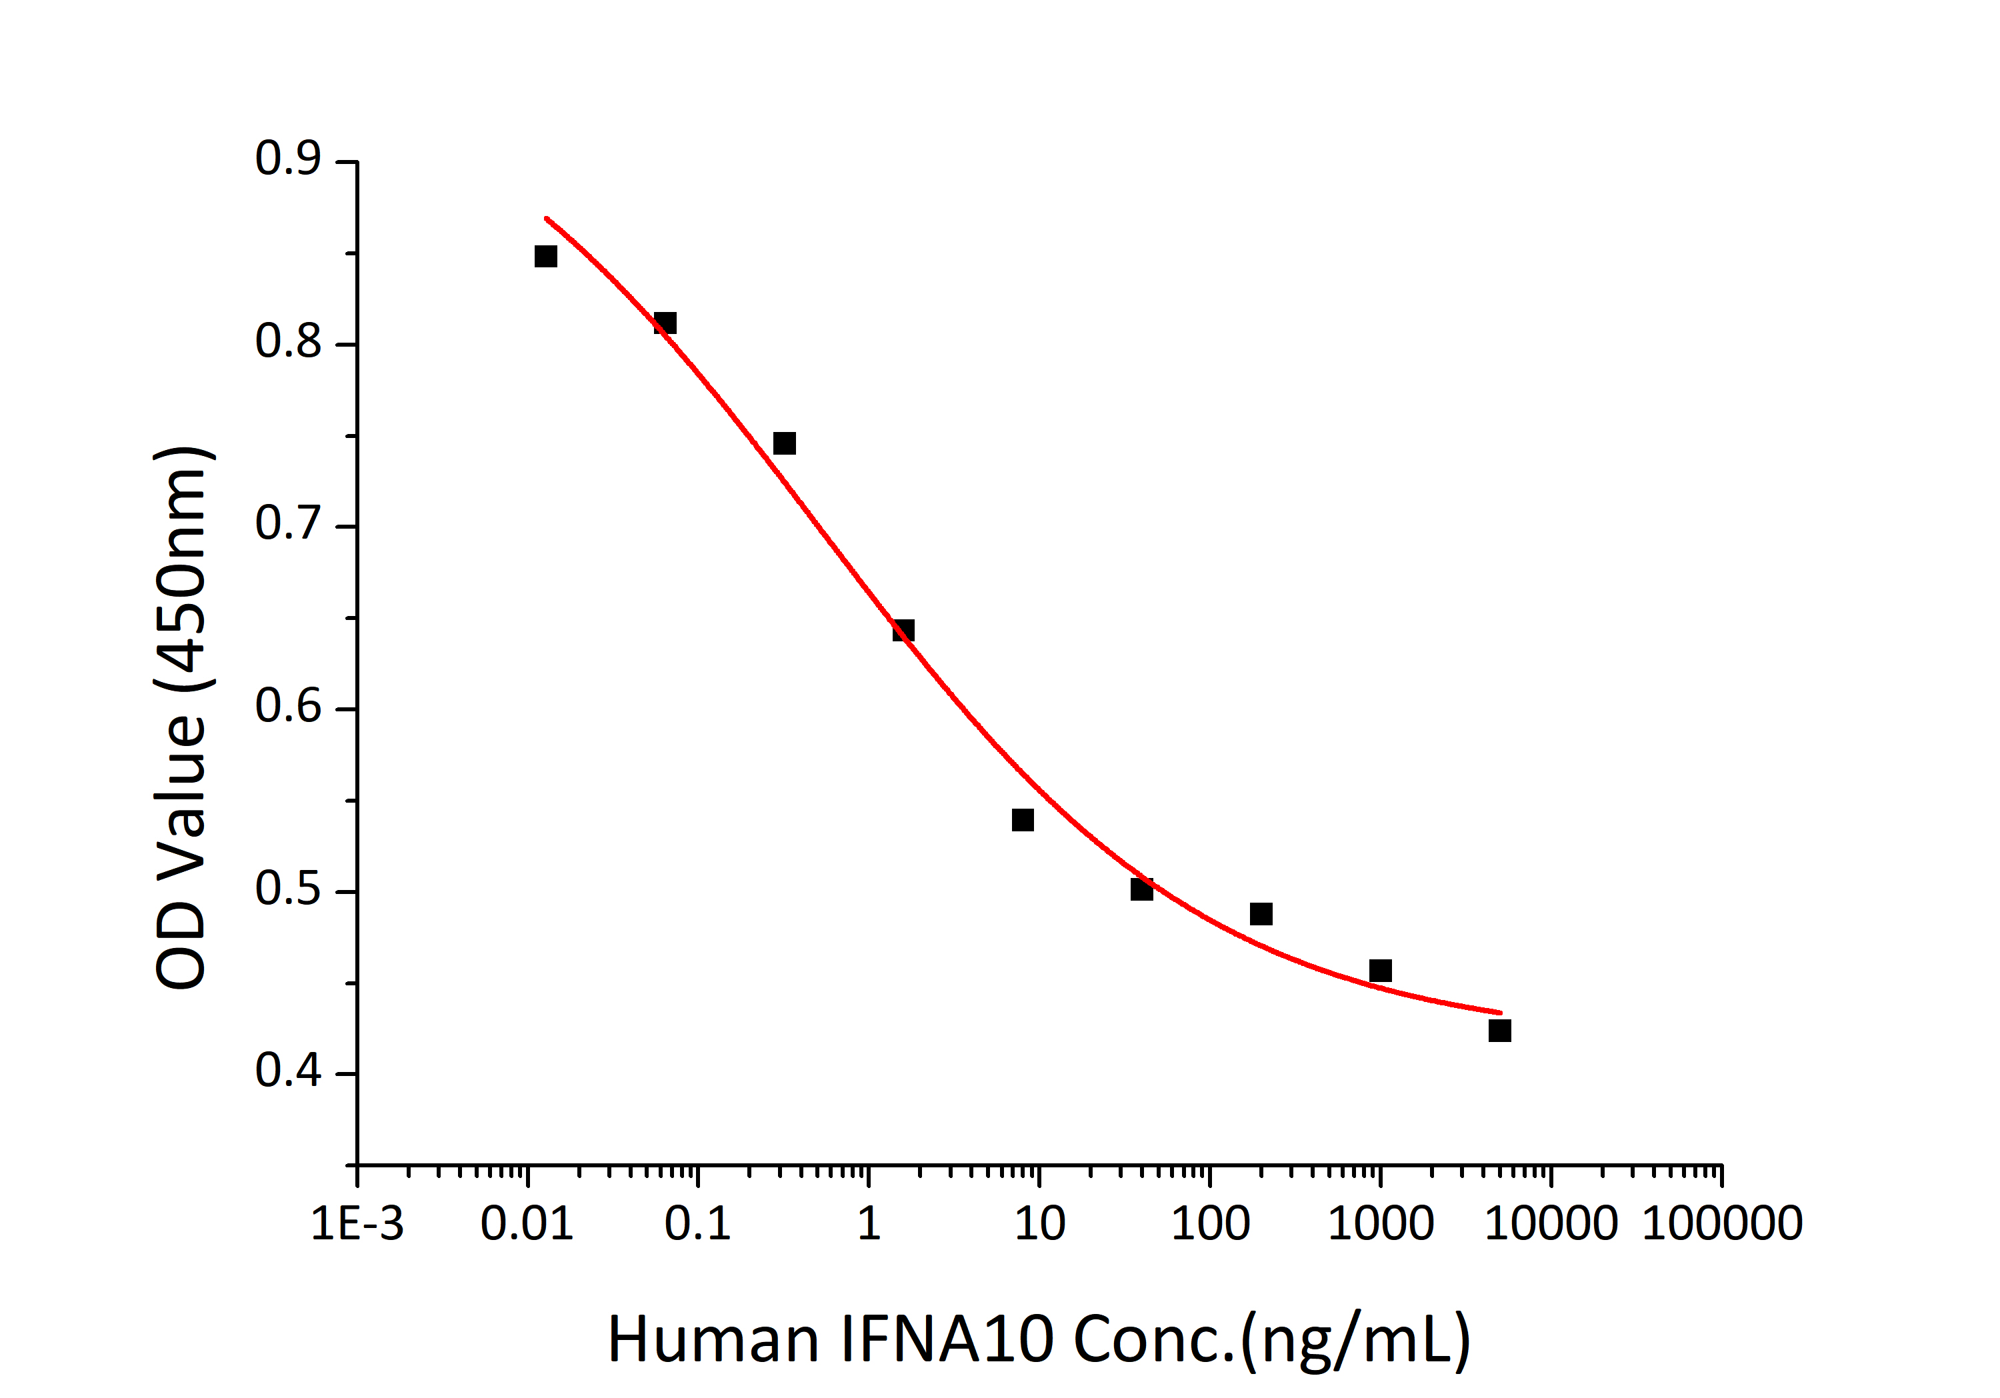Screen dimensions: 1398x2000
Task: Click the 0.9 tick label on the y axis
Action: point(287,159)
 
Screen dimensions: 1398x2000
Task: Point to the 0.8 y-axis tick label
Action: point(287,341)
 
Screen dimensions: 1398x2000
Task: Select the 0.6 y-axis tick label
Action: point(287,707)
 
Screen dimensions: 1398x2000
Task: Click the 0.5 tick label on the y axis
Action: point(287,889)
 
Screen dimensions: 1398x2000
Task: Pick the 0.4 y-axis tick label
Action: point(287,1071)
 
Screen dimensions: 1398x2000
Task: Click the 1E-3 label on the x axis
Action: point(357,1224)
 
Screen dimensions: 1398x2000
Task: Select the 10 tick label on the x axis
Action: point(1039,1224)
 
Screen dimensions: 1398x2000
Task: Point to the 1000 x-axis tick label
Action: point(1380,1224)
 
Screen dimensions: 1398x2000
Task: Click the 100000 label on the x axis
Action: point(1721,1224)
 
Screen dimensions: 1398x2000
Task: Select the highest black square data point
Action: point(545,256)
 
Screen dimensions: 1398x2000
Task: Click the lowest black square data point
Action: point(1499,1031)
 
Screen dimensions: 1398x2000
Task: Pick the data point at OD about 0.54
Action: point(1023,819)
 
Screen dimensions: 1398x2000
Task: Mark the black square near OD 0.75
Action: point(784,443)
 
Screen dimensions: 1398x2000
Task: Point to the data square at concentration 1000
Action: point(1380,970)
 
